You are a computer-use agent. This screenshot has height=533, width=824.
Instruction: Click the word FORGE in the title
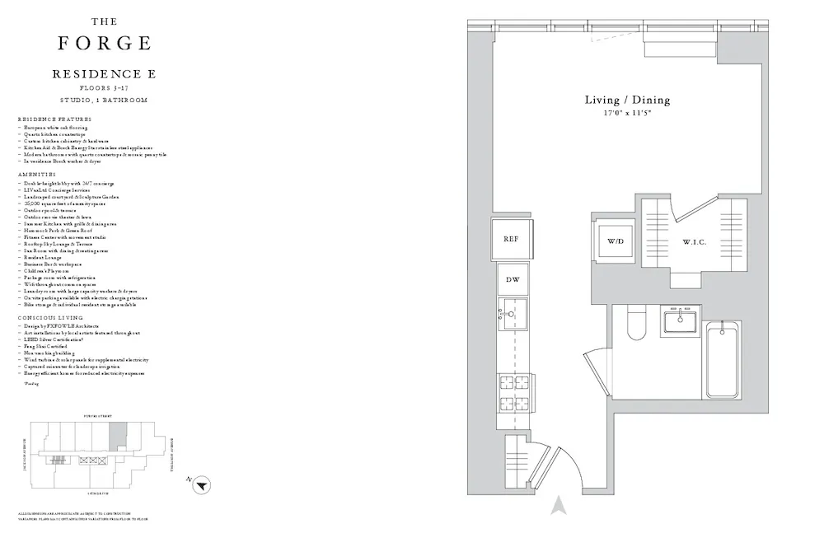coord(105,43)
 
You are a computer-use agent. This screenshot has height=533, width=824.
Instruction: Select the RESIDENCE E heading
coord(105,74)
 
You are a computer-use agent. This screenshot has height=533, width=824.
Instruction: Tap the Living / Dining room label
coord(627,101)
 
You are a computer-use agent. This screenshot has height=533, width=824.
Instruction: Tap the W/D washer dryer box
coord(616,242)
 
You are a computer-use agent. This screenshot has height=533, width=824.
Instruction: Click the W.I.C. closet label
coord(694,242)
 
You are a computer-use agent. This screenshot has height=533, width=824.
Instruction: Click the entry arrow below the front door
coord(559,505)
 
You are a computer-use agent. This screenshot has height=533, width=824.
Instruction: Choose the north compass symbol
coord(199,486)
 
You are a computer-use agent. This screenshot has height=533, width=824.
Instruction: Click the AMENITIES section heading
coord(36,175)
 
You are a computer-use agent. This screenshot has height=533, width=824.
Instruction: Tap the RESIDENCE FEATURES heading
coord(54,120)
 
